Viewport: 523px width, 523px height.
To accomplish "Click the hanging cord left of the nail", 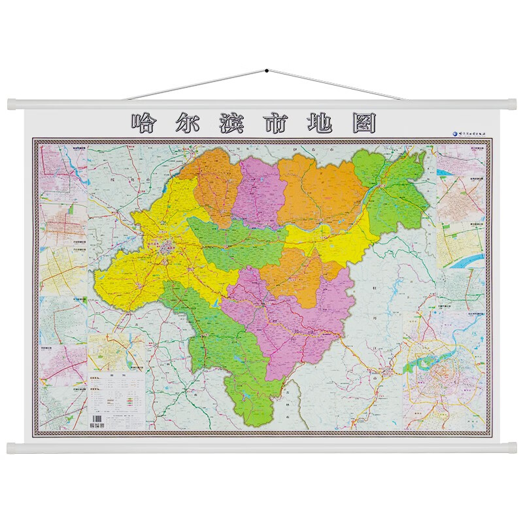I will click(x=196, y=84).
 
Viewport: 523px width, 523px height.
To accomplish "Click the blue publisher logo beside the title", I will click(x=458, y=133).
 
